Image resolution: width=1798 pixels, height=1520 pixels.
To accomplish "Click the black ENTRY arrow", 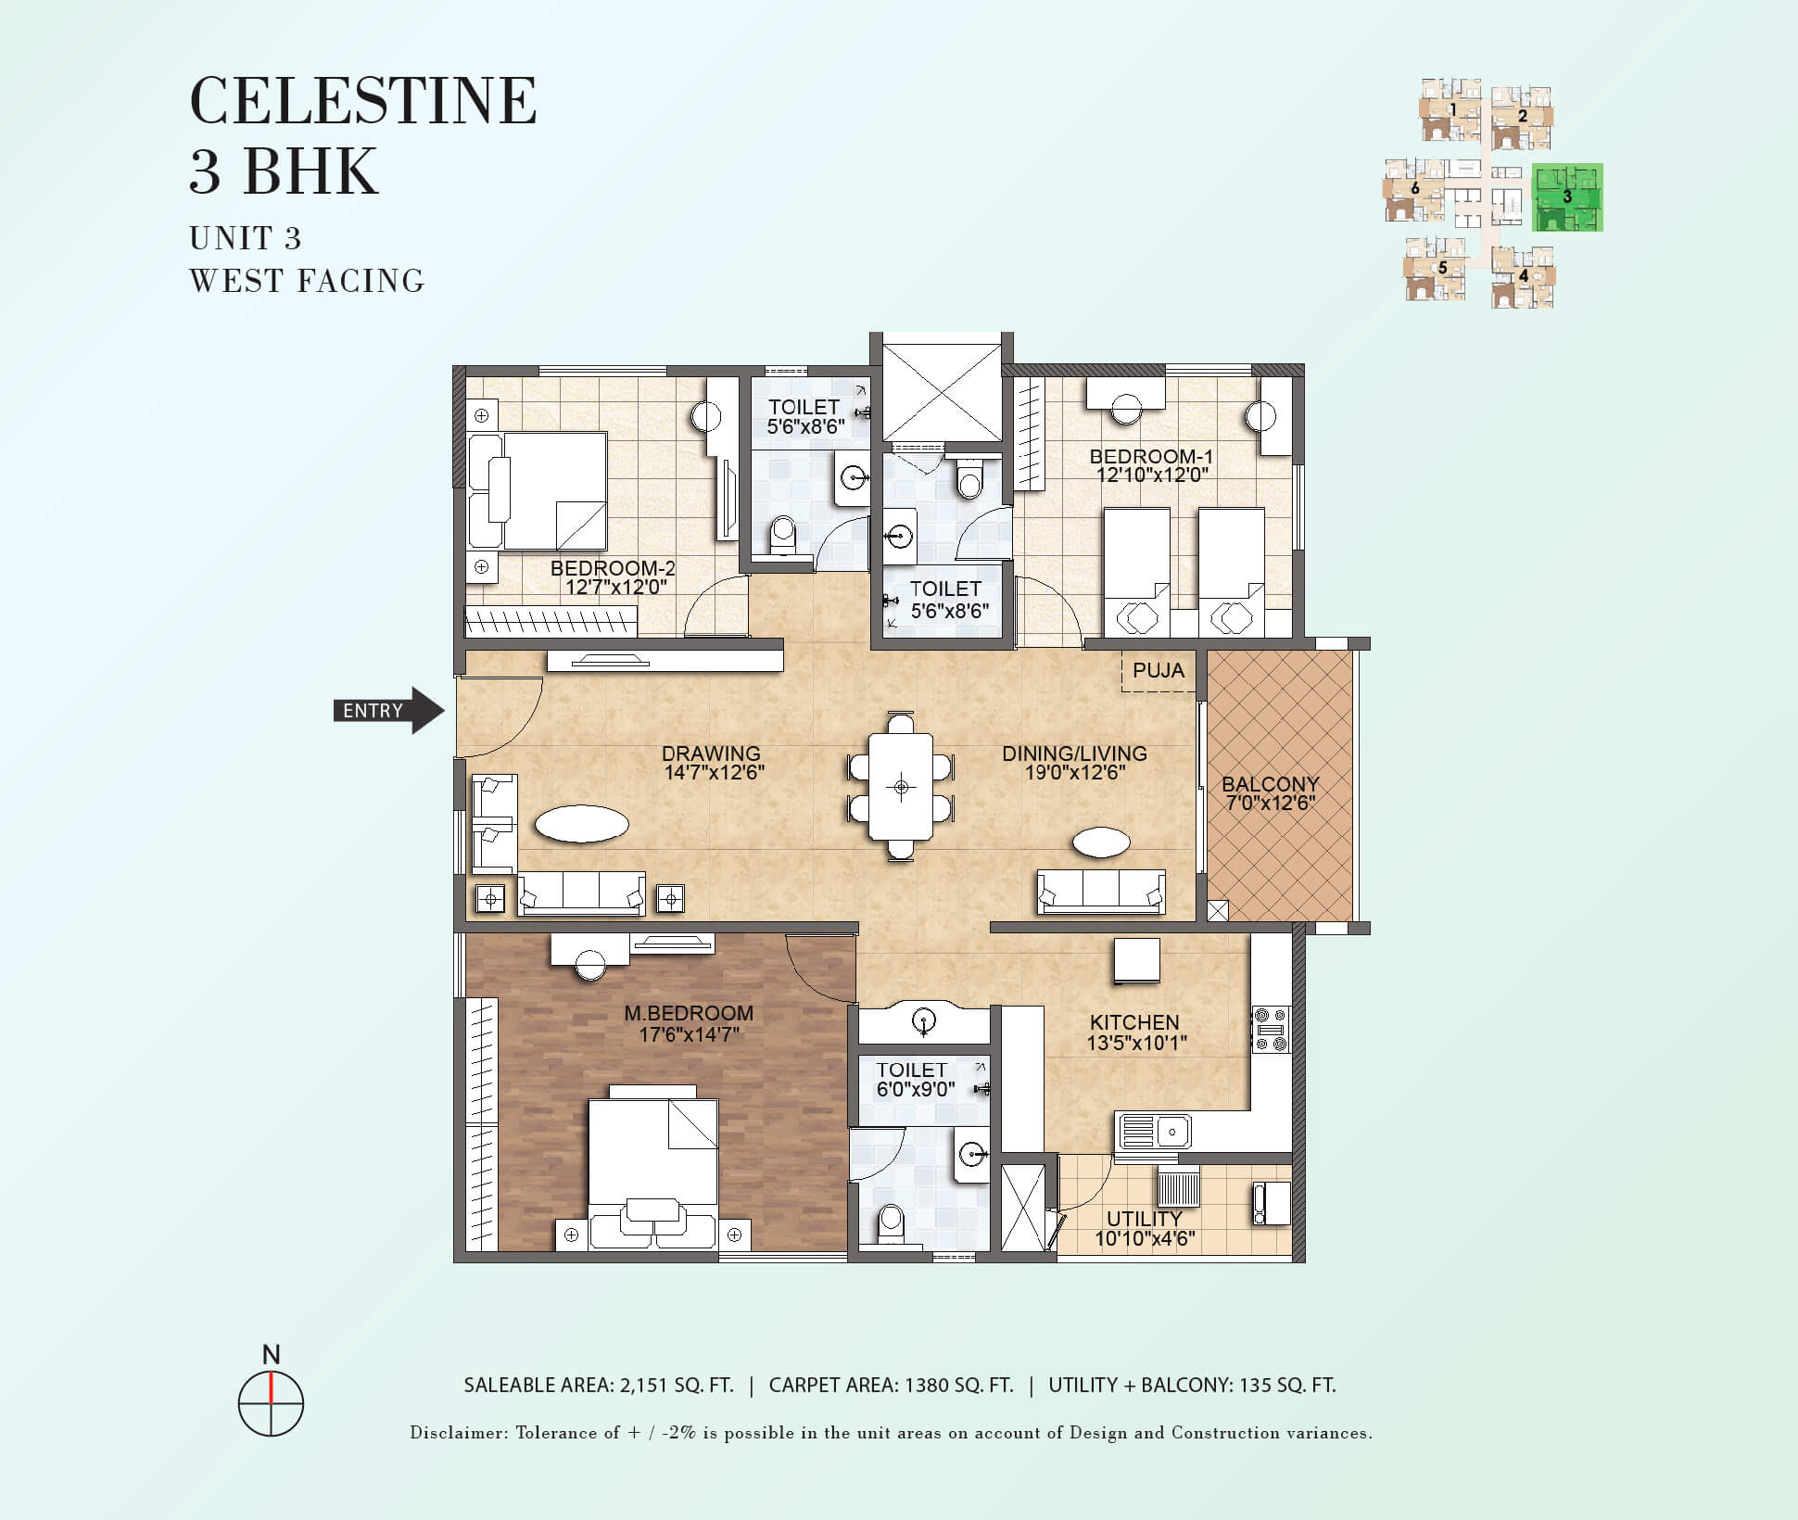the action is [x=389, y=711].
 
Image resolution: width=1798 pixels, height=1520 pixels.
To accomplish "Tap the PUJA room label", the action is [x=1159, y=670].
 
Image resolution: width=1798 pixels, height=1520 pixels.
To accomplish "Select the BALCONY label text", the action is [x=1270, y=784].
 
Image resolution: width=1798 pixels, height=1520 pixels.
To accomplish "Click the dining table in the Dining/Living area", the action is [x=901, y=786].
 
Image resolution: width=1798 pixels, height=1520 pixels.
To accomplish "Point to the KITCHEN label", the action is [x=1134, y=1022].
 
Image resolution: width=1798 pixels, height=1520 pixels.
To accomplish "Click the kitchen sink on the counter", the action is [x=1155, y=1132].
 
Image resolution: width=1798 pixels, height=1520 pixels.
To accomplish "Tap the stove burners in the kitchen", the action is [x=1271, y=1029].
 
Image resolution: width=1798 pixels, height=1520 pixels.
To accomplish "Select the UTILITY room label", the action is [x=1144, y=1219].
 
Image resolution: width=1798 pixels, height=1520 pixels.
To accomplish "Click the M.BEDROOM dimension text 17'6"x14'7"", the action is [x=689, y=1034].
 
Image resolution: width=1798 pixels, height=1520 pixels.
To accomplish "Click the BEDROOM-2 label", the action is [x=613, y=568].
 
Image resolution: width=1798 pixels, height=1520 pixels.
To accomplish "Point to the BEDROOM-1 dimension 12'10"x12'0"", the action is [x=1151, y=475].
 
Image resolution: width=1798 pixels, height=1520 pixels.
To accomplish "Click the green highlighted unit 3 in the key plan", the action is [x=1567, y=197].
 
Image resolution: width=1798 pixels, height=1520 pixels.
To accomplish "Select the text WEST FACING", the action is [x=307, y=281].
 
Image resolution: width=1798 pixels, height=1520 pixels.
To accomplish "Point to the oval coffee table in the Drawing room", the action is [x=581, y=823].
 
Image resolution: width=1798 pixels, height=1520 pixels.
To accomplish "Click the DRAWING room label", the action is [x=711, y=754].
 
